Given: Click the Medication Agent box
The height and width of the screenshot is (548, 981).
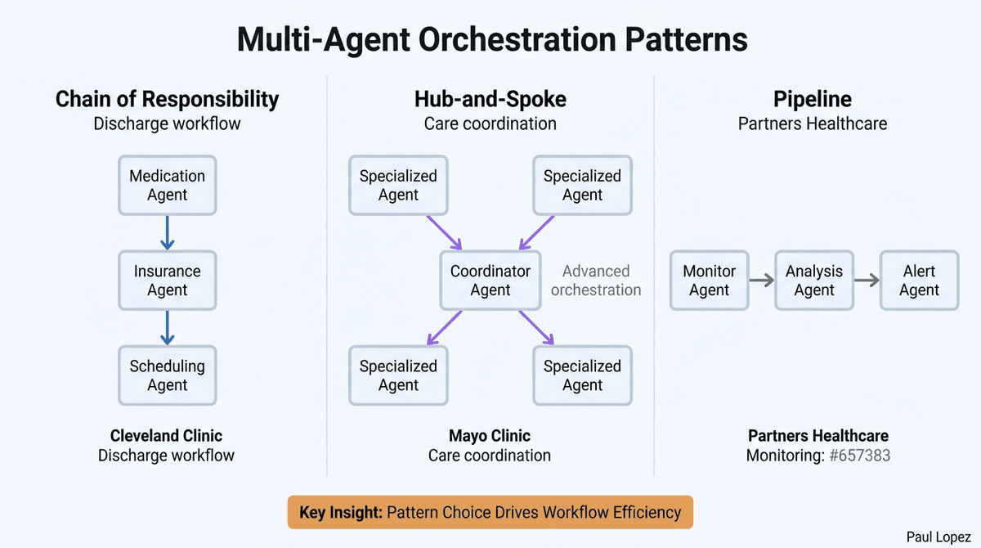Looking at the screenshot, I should coord(167,186).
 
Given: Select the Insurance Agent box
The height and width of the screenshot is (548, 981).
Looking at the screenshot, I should coord(167,281).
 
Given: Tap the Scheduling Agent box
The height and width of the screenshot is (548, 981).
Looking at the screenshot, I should coord(167,375).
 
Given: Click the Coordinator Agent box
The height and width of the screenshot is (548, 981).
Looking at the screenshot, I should coord(490,281).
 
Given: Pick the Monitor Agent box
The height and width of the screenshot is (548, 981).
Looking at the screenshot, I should coord(709,281).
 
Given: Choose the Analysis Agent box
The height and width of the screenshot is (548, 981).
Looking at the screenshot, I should coord(814,281).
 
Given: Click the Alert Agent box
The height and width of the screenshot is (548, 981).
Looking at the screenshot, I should coord(919,281).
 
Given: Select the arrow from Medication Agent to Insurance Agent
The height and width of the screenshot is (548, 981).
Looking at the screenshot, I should coord(167,233).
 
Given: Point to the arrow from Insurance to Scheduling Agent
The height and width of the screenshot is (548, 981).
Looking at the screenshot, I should coord(167,328).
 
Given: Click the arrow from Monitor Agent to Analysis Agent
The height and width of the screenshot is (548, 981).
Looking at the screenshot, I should coord(761,281).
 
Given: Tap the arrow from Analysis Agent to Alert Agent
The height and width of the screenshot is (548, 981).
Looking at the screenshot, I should coord(867,281).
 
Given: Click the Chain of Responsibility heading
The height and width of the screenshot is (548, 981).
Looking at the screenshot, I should coord(167,100).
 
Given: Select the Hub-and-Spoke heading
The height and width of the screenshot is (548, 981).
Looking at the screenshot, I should coord(490,100).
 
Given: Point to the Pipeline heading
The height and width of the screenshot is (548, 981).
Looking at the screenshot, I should coord(813,100).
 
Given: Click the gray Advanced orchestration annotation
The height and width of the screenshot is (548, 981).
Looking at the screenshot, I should coord(596,281).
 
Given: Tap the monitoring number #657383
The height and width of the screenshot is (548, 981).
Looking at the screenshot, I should coord(859,456).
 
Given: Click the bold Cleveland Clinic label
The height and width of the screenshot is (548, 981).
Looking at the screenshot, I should coord(167,436).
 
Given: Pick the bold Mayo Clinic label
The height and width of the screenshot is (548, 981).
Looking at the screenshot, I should coord(490,436).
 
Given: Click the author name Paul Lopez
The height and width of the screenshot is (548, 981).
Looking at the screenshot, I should coord(939,535).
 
